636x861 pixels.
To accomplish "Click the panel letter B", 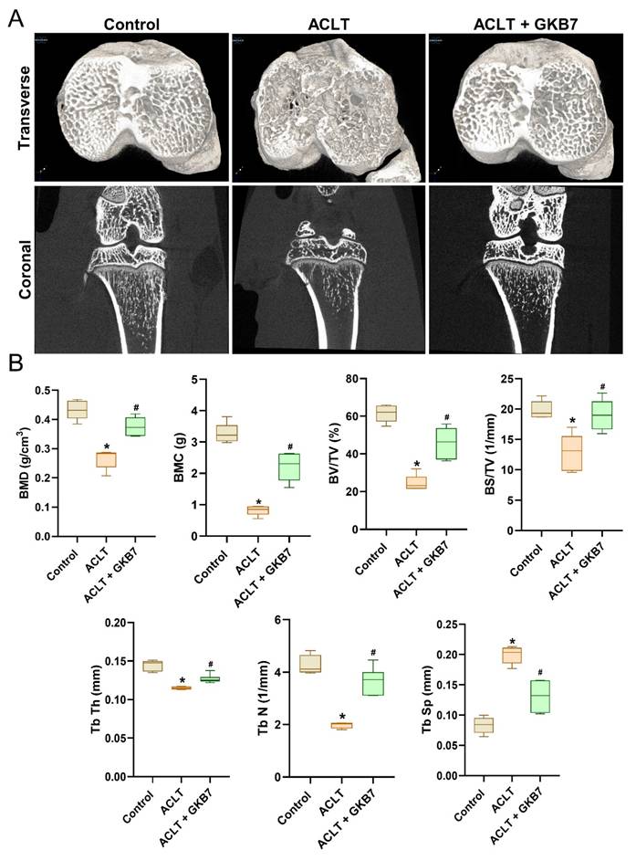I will tap(16, 362).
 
